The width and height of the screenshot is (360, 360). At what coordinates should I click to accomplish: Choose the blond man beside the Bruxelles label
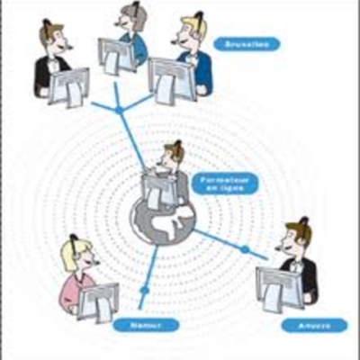pyautogui.click(x=193, y=45)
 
